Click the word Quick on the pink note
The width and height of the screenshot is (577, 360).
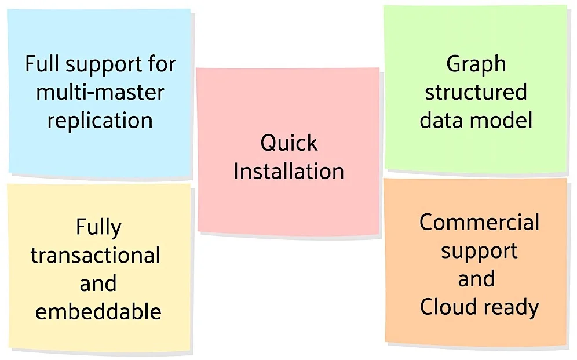point(289,143)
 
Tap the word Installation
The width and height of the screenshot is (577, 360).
point(289,171)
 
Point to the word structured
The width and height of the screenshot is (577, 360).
point(476,92)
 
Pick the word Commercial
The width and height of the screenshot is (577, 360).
point(479,223)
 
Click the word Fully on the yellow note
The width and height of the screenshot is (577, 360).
point(98,228)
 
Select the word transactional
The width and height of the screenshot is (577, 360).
point(96,255)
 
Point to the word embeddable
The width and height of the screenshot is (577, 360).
point(98,311)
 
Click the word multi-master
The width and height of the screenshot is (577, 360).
point(100,92)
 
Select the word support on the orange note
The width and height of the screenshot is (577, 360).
point(480,252)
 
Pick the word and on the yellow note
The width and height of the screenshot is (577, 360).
point(98,283)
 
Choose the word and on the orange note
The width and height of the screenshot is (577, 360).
point(476,279)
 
